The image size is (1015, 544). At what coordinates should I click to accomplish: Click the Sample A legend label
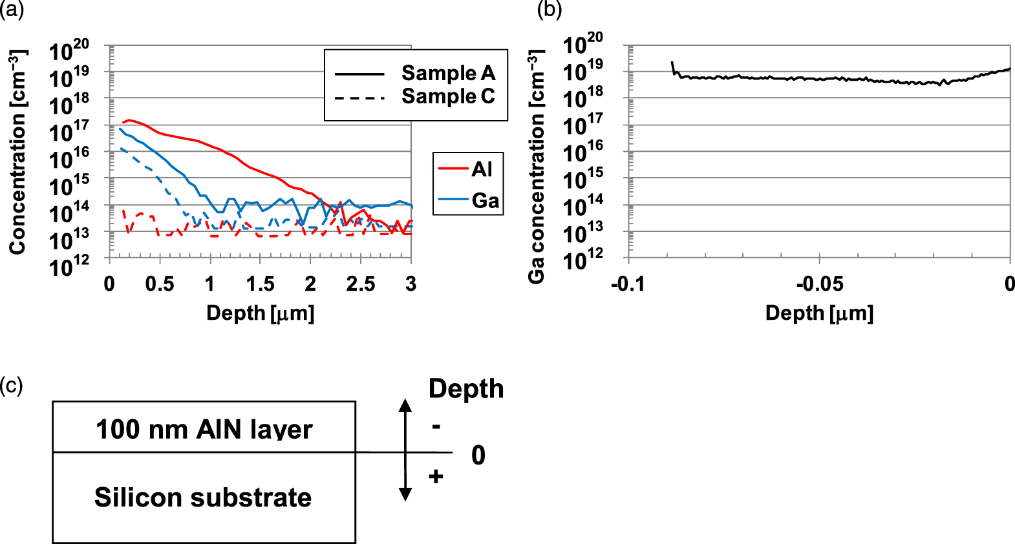point(447,73)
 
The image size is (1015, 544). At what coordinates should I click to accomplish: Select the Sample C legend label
point(447,96)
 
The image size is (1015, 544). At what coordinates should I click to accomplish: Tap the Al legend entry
point(482,169)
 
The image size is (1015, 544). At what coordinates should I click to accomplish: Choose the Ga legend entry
point(485,200)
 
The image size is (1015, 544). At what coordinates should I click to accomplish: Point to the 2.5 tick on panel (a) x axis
point(360,284)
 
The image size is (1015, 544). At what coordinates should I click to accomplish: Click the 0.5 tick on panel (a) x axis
point(160,284)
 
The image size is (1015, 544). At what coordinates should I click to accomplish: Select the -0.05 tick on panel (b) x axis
point(819,284)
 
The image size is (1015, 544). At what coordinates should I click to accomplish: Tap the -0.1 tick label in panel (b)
point(628,284)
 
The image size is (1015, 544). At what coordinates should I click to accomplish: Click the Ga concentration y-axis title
point(536,167)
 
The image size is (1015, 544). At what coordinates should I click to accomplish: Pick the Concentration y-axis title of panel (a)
point(17,152)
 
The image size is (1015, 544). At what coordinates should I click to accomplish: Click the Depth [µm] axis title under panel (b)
point(819,313)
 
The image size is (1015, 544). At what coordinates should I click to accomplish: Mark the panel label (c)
point(11,386)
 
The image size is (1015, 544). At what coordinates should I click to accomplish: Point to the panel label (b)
point(550,9)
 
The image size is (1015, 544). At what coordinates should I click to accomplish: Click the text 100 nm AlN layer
point(204,429)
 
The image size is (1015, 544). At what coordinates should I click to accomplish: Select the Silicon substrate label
point(203,497)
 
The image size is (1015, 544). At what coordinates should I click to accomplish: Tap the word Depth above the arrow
point(465,389)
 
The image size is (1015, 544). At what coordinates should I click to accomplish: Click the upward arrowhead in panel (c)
point(405,405)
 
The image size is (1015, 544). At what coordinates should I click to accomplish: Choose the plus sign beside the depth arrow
point(436,477)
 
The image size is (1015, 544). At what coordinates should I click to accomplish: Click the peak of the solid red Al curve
point(129,120)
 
